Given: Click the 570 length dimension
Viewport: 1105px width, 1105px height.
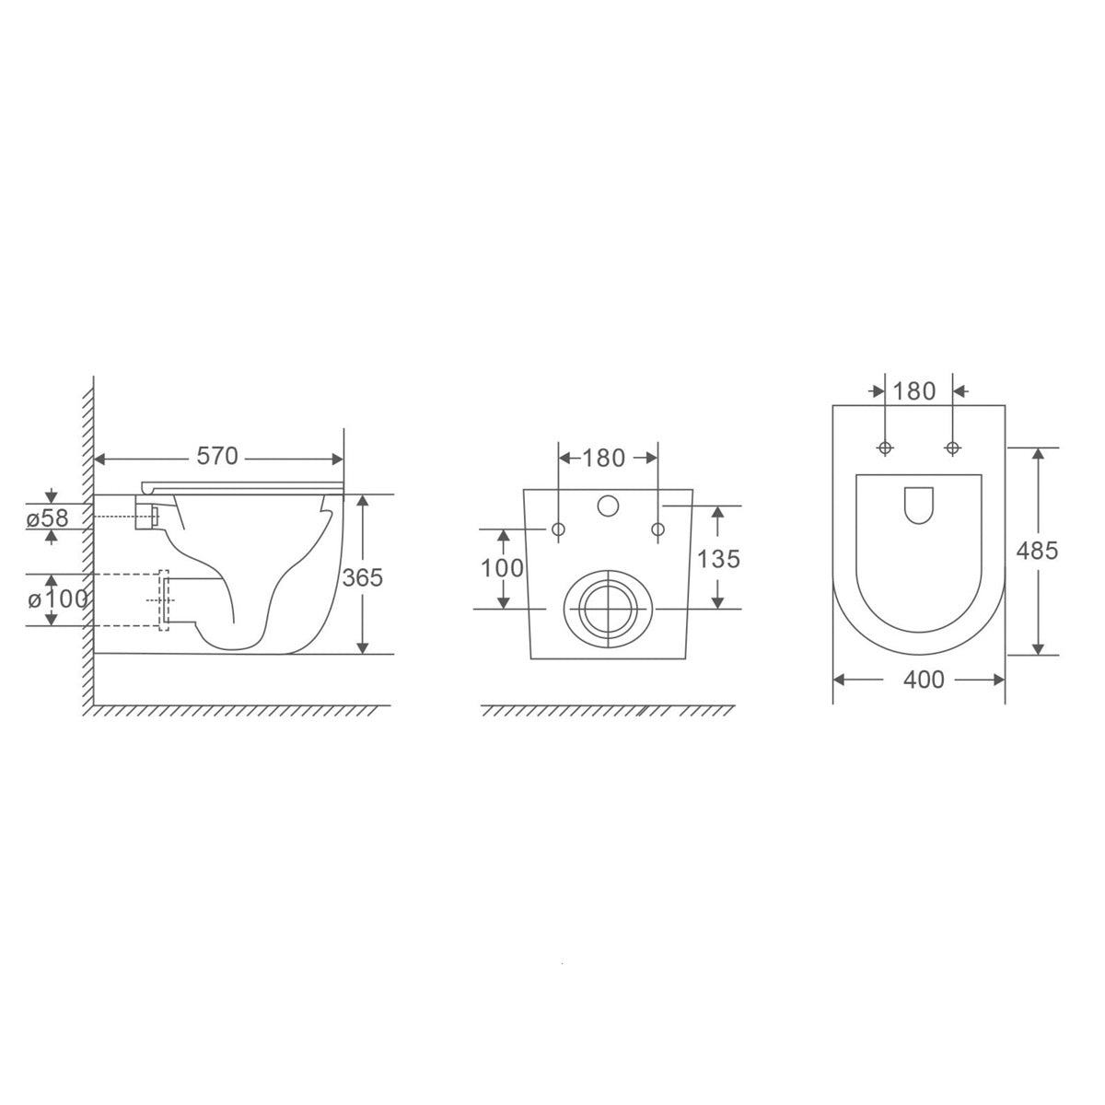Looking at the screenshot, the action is click(x=216, y=456).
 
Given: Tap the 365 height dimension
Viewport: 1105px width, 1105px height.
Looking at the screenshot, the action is click(x=363, y=577).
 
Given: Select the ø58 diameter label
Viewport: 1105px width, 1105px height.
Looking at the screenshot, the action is click(x=48, y=518).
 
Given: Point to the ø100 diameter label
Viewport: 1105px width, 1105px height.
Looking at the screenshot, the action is click(x=58, y=599).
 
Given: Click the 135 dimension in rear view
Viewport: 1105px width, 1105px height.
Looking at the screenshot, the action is click(x=718, y=559).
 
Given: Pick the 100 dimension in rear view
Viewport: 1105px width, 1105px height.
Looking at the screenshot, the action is click(x=502, y=568).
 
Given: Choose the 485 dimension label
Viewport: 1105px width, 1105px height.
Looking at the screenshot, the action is click(x=1038, y=551).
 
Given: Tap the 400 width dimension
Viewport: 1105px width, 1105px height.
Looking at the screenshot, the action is click(x=924, y=680).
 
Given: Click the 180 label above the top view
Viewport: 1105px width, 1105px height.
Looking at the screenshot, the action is click(x=914, y=391).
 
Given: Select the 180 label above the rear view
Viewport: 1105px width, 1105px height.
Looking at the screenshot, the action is click(x=604, y=458).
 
